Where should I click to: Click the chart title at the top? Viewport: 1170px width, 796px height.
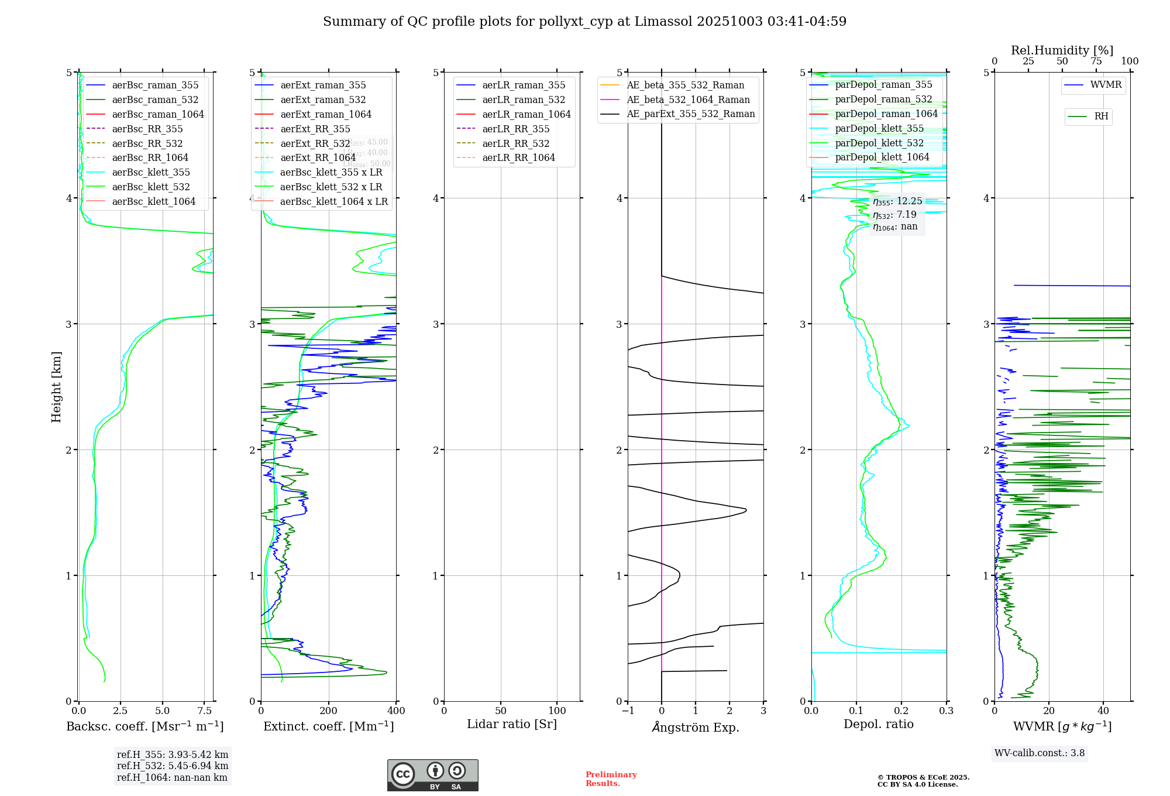tap(584, 22)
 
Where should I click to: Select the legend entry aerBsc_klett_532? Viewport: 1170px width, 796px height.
tap(151, 187)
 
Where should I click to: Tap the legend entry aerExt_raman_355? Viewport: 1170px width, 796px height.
tap(323, 85)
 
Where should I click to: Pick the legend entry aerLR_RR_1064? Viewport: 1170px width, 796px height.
tap(518, 157)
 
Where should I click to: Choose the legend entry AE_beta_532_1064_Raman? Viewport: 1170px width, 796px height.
tap(688, 99)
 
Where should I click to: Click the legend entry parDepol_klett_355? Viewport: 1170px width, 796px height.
tap(879, 128)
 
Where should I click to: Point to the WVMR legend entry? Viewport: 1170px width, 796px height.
tap(1106, 85)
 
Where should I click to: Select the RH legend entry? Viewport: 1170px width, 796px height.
tap(1101, 116)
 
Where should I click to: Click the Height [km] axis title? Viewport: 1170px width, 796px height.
tap(56, 386)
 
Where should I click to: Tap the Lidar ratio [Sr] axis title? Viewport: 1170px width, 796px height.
tap(512, 724)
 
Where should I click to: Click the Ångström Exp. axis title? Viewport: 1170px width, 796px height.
tap(696, 727)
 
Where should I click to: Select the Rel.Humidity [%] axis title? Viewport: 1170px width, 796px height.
tap(1062, 50)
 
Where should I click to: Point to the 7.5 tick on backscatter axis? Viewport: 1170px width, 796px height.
tap(204, 711)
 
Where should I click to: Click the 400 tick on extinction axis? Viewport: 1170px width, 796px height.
tap(396, 711)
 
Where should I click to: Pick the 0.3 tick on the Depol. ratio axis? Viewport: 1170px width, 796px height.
tap(946, 711)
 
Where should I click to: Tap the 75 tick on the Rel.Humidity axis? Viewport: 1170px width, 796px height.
tap(1096, 61)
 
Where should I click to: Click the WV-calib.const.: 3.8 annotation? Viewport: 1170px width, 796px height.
tap(1040, 753)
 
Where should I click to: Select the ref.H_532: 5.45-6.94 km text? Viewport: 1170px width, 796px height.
tap(173, 766)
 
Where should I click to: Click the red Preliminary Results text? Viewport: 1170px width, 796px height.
tap(611, 778)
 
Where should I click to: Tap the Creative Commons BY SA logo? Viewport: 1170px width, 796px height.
tap(432, 775)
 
